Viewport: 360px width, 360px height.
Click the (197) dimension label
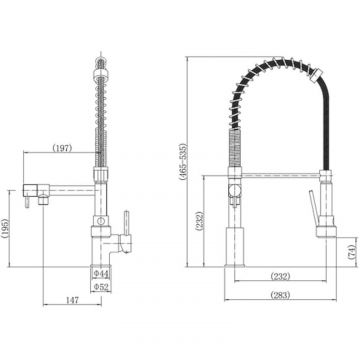(62, 148)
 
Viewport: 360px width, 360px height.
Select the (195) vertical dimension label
(4, 228)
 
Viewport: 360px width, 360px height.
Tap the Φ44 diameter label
(101, 274)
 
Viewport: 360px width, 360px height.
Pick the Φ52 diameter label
(101, 287)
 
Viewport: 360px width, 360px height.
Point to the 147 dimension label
(72, 300)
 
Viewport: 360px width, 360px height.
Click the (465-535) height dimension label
(183, 162)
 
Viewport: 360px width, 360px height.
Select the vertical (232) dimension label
(199, 222)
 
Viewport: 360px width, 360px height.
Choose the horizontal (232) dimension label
(280, 276)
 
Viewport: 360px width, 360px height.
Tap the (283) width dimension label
(280, 295)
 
